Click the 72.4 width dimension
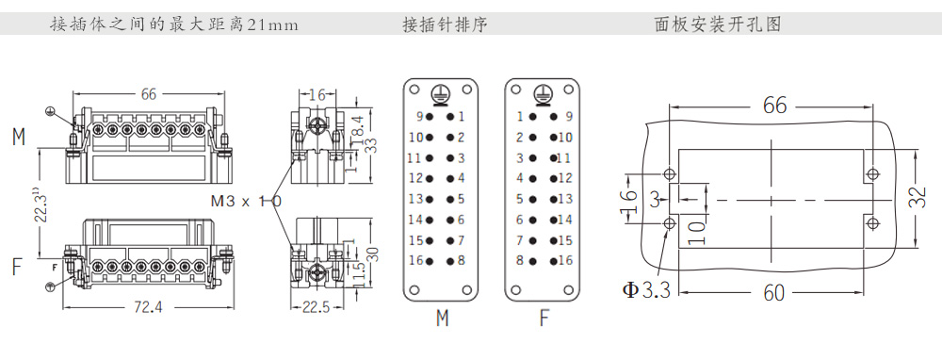148,308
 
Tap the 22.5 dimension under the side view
316,308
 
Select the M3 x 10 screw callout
246,202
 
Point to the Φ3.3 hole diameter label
646,290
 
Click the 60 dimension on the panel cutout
773,293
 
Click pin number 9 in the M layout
419,117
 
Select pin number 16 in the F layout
565,260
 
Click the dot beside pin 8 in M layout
449,261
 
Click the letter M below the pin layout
442,318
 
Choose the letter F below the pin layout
544,318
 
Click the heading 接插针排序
445,25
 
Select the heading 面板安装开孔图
718,25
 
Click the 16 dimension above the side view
317,95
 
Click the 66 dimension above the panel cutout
775,106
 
